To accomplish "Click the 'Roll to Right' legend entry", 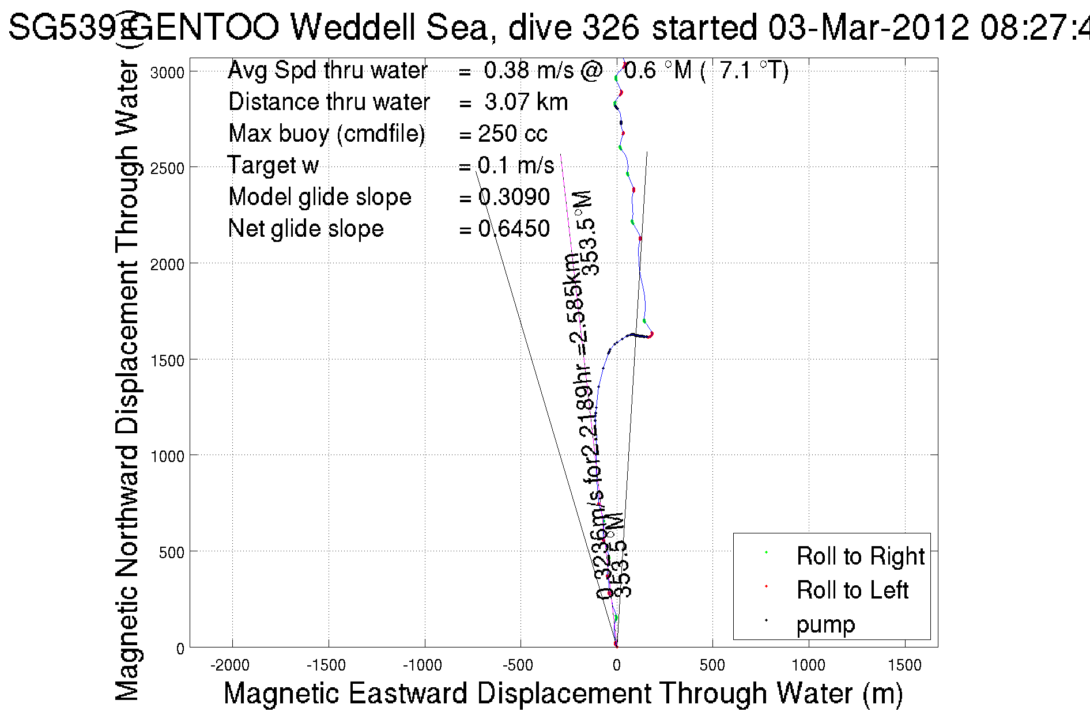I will point(859,556).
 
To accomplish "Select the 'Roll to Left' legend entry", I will point(852,590).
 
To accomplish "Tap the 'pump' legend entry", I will point(825,624).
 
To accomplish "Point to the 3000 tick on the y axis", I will point(167,72).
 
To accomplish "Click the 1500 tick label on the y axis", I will point(167,360).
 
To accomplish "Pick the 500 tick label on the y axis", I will point(171,552).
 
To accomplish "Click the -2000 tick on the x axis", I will point(230,665).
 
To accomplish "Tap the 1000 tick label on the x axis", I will point(808,665).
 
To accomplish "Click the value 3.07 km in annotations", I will point(526,102).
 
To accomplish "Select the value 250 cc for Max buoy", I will point(512,134).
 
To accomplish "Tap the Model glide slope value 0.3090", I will point(514,197).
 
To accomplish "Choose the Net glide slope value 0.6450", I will point(514,229).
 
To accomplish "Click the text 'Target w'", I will point(273,165).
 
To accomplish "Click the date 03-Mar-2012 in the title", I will point(869,27).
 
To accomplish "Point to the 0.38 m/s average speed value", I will point(529,70).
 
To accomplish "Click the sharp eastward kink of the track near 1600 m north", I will point(651,334).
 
